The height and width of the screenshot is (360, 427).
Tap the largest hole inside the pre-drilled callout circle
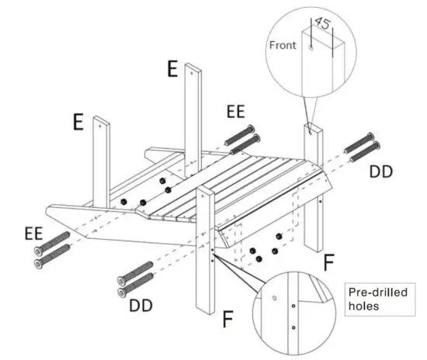click(x=273, y=297)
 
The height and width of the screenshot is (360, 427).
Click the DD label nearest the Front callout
click(x=380, y=168)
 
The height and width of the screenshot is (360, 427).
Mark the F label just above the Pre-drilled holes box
click(x=328, y=262)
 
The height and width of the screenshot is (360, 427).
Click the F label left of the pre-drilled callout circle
click(x=227, y=318)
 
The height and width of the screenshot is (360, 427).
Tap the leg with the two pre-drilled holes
click(x=205, y=256)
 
